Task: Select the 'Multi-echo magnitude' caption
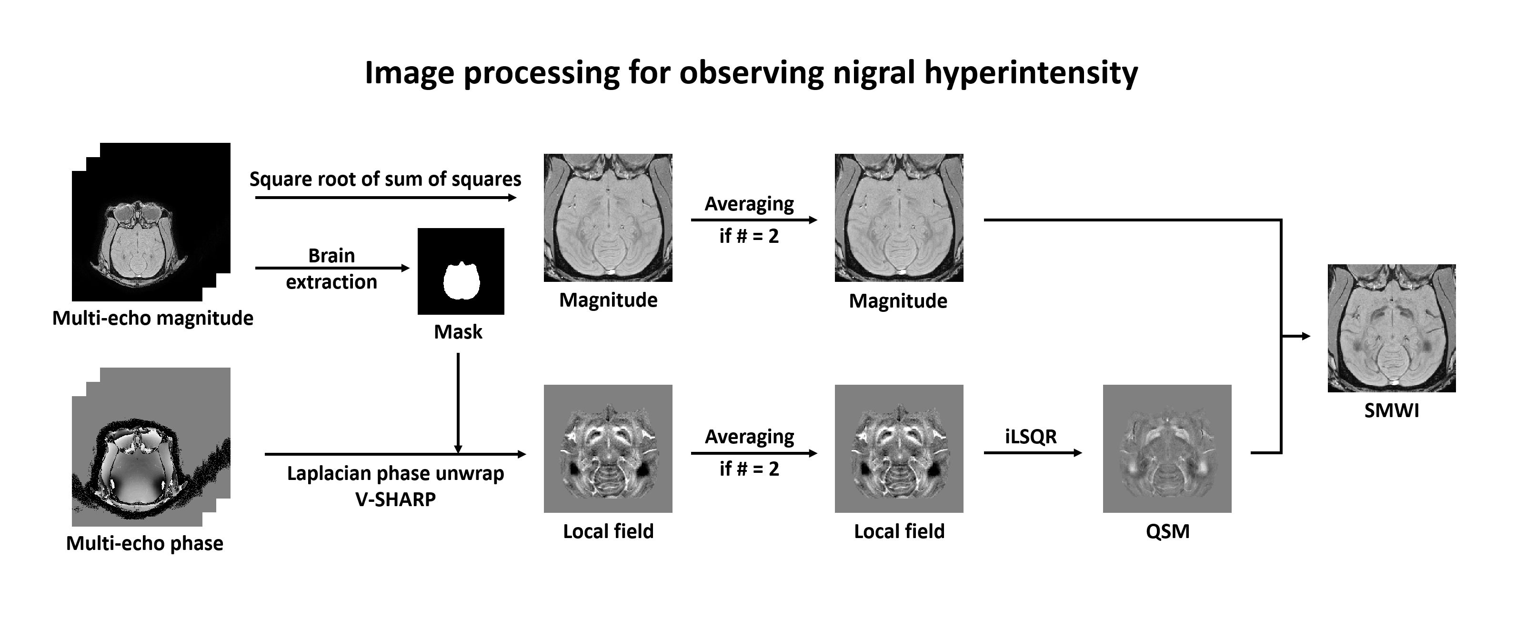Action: (x=153, y=318)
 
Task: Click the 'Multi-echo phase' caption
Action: (x=144, y=543)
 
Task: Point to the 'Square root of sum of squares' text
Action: (x=385, y=179)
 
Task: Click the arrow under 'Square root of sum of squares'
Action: (x=385, y=198)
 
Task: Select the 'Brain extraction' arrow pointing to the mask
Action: (x=332, y=268)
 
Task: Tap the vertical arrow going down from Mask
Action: (x=458, y=403)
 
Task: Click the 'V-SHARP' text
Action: (x=395, y=499)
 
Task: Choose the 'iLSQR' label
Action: (x=1031, y=437)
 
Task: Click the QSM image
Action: (x=1167, y=449)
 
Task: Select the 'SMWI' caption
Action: (x=1392, y=410)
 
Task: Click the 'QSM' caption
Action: (x=1167, y=531)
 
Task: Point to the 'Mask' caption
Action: (x=458, y=332)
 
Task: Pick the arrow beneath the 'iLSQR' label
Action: (x=1033, y=453)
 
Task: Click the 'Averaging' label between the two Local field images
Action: (x=749, y=437)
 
